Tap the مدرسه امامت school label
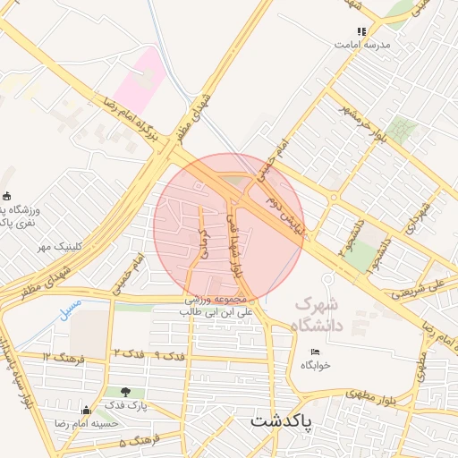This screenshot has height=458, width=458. (362, 43)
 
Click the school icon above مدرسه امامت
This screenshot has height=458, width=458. (362, 31)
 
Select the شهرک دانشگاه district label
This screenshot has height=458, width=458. (318, 315)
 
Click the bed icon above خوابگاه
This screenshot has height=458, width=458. (315, 352)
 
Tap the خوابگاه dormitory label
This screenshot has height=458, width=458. (316, 365)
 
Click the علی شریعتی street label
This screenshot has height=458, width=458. (421, 288)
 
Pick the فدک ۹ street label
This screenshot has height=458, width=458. (169, 355)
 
